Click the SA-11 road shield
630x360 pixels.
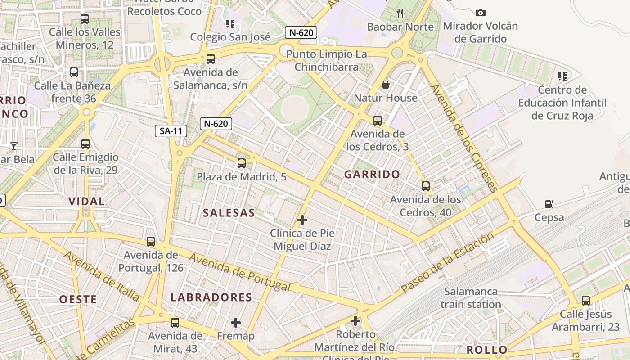click(x=171, y=131)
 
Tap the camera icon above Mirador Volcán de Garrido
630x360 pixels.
click(x=481, y=13)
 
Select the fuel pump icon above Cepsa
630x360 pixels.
click(x=549, y=204)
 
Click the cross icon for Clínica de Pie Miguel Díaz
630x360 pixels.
click(x=302, y=220)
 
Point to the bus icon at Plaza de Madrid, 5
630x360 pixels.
click(x=242, y=163)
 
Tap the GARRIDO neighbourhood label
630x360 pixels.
click(x=372, y=174)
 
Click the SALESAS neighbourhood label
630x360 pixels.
click(x=229, y=213)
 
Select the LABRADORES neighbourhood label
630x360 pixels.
click(x=211, y=297)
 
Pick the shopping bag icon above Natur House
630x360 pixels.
click(x=386, y=84)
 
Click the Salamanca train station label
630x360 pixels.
click(x=471, y=298)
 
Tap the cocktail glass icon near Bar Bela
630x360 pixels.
click(x=14, y=146)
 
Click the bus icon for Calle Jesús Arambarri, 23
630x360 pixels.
click(x=586, y=300)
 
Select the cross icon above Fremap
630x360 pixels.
click(x=236, y=323)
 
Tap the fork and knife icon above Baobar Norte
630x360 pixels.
click(x=400, y=13)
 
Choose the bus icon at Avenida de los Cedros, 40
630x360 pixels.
click(x=426, y=186)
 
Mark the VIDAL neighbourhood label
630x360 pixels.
click(x=87, y=201)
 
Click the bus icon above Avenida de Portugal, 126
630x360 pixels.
click(x=151, y=242)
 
